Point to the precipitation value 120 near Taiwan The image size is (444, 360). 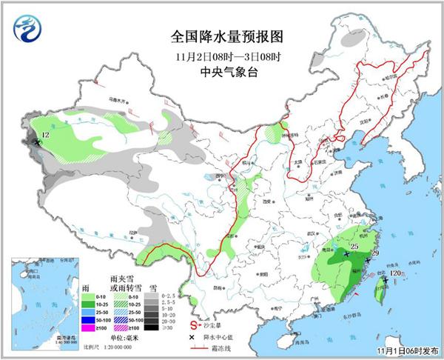pos(395,273)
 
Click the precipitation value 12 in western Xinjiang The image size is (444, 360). pos(45,135)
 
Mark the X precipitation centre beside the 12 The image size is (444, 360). pos(36,142)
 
